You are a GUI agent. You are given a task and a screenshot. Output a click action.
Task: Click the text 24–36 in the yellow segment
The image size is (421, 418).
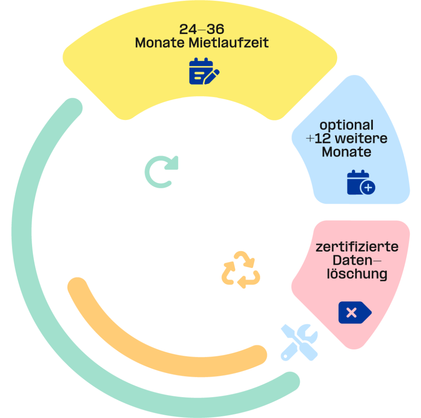[x=201, y=30]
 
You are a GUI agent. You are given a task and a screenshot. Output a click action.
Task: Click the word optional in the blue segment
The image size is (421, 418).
[x=347, y=125]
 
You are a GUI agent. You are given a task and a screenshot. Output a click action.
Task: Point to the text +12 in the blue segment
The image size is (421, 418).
[x=318, y=139]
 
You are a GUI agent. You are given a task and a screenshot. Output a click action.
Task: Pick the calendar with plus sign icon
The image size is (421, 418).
[x=361, y=182]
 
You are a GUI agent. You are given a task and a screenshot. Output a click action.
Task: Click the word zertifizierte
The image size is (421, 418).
[x=357, y=247]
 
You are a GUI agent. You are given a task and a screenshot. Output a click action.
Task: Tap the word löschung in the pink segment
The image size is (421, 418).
[x=357, y=274]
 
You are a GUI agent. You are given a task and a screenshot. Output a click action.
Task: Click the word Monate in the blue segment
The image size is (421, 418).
[x=346, y=152]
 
